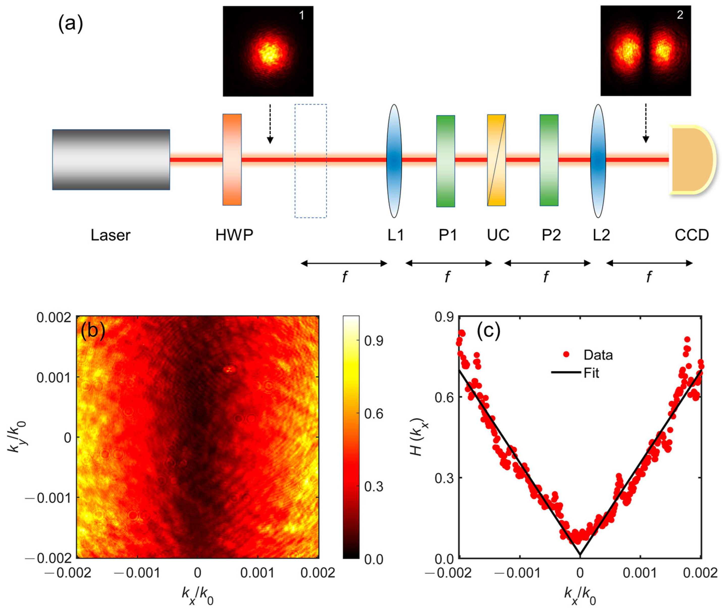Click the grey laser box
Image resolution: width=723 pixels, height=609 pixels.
111,160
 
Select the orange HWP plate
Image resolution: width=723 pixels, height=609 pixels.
232,160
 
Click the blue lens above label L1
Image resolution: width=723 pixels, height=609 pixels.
394,161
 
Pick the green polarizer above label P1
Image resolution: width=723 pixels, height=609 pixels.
445,161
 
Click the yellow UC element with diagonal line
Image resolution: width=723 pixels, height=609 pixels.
496,160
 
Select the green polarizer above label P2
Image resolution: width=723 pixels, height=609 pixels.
549,160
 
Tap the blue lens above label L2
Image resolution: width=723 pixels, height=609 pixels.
598,161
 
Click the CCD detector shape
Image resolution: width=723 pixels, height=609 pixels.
690,160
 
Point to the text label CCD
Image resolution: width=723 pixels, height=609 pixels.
691,235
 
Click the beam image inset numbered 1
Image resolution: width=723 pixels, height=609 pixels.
268,51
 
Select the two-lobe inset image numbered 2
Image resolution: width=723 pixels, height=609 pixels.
645,51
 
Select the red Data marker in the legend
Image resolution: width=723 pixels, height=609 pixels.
566,354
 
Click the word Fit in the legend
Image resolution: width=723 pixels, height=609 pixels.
591,373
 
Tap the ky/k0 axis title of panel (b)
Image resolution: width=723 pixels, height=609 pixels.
17,437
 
